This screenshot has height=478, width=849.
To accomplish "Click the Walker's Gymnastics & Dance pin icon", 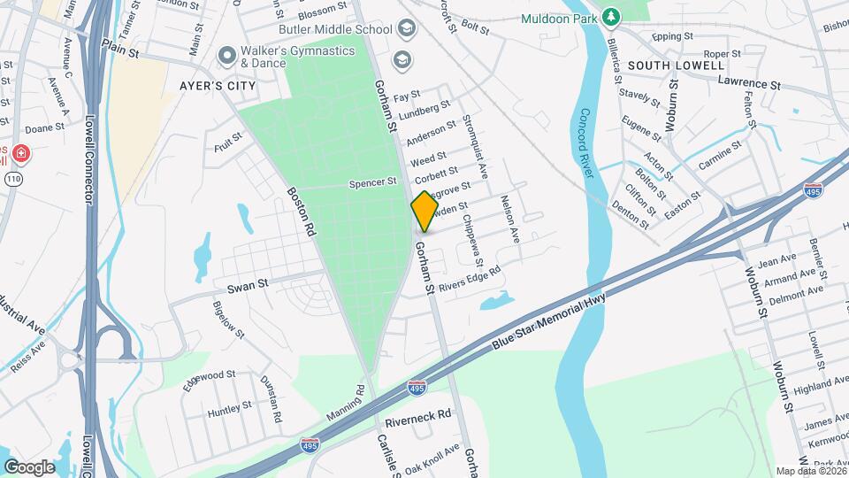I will pos(227,55).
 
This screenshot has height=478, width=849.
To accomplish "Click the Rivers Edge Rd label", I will pos(470,278).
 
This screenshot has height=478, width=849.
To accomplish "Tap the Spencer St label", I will pos(372,182).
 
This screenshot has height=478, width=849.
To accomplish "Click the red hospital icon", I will pos(20,156).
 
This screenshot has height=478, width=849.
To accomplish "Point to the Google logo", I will pos(29,466).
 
